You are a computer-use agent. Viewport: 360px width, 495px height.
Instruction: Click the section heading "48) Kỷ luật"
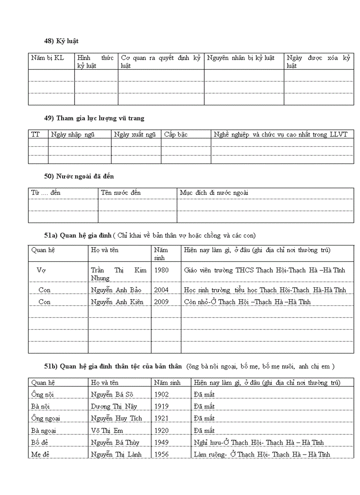coord(61,41)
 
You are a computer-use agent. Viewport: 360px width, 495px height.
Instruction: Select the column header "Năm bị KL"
coord(47,58)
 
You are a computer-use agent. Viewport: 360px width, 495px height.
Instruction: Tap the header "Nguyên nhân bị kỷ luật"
coord(240,58)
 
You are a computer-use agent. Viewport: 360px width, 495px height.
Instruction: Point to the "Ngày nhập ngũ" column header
coord(73,134)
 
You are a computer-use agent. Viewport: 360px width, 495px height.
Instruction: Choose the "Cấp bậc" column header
coord(176,134)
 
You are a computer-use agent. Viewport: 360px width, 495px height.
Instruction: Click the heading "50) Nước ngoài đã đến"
coord(79,176)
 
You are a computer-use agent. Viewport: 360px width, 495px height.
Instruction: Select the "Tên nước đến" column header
coord(121,193)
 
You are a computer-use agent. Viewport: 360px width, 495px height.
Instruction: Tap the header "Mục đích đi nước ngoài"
coord(214,193)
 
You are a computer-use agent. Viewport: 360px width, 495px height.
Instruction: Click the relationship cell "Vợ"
coord(41,270)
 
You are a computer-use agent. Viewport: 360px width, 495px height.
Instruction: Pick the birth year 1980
coord(161,270)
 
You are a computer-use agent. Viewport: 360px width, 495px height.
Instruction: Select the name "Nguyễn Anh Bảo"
coord(116,290)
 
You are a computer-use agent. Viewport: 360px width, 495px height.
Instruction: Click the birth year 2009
coord(161,302)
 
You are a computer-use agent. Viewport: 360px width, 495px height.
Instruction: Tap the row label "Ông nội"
coord(42,395)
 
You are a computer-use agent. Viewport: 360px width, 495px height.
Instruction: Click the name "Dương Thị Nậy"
coord(114,406)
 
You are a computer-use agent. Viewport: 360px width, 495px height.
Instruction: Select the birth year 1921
coord(161,418)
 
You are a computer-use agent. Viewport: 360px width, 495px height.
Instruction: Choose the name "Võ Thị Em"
coord(107,430)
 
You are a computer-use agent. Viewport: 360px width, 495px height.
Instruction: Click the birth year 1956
coord(161,454)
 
